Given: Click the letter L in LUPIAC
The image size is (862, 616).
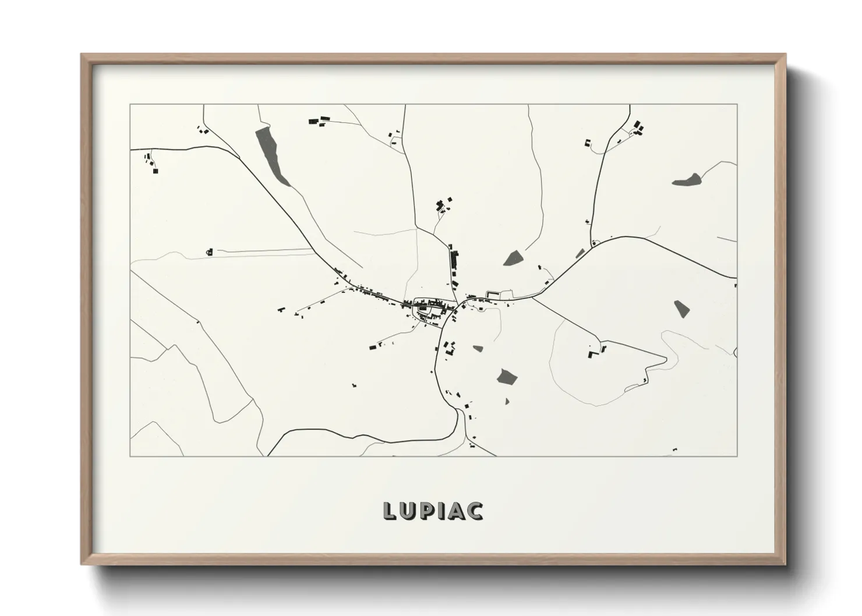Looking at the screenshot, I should (390, 511).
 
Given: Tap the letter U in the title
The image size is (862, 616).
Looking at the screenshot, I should (408, 511).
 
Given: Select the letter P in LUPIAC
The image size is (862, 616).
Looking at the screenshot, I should (428, 511).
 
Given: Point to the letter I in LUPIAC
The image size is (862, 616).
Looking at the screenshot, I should (442, 511).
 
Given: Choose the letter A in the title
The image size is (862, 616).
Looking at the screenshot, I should (457, 511).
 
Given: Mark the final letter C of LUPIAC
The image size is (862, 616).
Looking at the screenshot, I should (475, 511).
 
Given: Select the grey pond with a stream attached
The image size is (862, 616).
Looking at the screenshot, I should (687, 180).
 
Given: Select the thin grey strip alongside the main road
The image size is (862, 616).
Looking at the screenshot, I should (580, 253).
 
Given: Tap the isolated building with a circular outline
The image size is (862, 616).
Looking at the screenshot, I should (210, 252).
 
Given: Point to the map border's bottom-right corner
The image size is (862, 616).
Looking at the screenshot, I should (737, 456).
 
